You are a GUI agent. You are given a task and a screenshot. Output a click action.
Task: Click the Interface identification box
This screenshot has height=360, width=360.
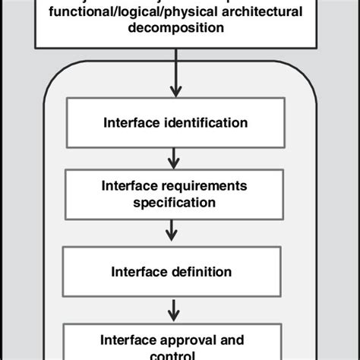pyautogui.click(x=174, y=122)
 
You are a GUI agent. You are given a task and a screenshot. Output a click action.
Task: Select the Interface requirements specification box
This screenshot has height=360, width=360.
pyautogui.click(x=174, y=194)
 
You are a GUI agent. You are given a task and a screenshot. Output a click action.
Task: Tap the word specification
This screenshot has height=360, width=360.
pyautogui.click(x=174, y=203)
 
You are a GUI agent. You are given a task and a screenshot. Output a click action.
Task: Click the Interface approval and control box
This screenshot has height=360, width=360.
pyautogui.click(x=174, y=343)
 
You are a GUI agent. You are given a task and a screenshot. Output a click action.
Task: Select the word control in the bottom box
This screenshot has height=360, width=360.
pyautogui.click(x=174, y=355)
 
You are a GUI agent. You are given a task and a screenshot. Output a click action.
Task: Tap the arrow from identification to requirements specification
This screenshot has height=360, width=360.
pyautogui.click(x=175, y=158)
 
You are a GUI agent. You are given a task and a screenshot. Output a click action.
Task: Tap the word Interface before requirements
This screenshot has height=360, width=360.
pyautogui.click(x=131, y=187)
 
